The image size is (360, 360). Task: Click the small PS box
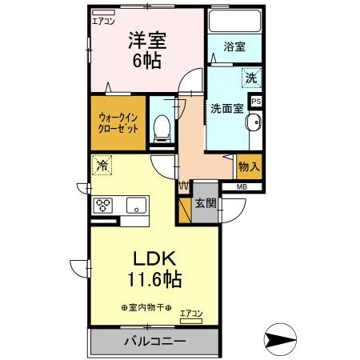click(256, 102)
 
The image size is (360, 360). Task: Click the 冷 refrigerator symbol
click(102, 166)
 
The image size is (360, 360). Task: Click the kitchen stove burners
click(104, 204)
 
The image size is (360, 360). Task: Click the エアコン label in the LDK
click(190, 313)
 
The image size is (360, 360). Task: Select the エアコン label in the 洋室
click(103, 22)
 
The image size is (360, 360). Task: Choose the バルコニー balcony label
click(155, 342)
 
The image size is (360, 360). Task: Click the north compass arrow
click(284, 341)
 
